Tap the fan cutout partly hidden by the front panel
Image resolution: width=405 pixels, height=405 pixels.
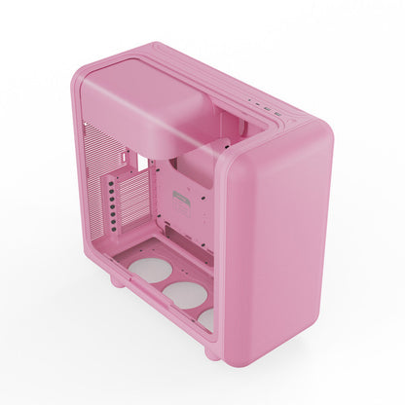tap(207, 318)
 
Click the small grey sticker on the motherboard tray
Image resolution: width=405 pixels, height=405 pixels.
tap(179, 200)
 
